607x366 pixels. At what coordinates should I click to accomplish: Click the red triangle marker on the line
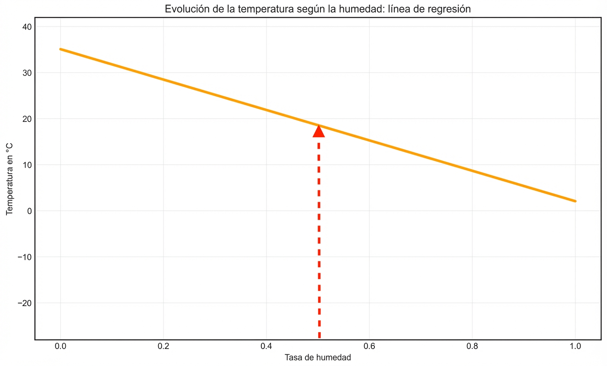319,131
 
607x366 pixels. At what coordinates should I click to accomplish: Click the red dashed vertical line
319,238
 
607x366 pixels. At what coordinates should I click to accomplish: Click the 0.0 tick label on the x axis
60,346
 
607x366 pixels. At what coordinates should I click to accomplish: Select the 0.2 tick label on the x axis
163,346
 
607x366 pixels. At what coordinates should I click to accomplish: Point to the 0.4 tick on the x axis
266,346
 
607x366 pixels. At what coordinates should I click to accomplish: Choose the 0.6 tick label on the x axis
369,346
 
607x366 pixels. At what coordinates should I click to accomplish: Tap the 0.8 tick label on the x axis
472,346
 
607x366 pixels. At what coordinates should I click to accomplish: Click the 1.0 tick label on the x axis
575,346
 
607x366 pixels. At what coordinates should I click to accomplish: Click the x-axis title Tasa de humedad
318,358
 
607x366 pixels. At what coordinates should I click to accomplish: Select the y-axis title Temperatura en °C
10,178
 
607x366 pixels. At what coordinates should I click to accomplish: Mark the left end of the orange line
61,49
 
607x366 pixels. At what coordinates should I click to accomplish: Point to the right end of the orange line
575,201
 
